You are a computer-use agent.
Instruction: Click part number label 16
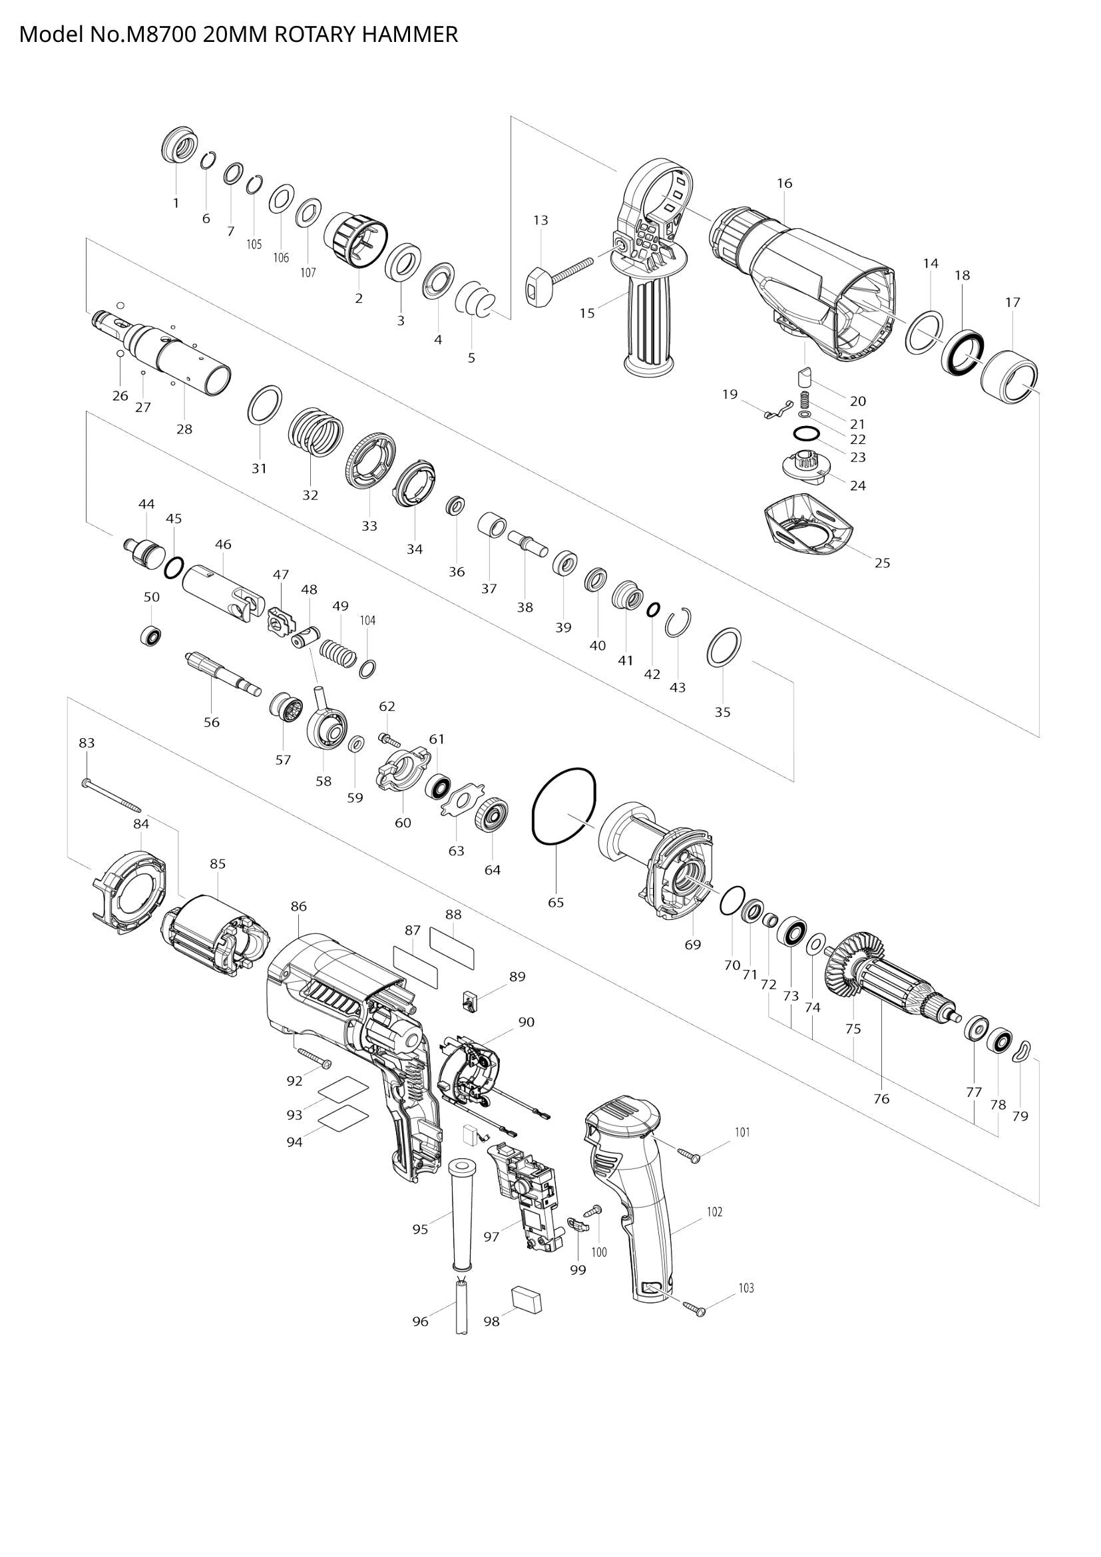click(784, 183)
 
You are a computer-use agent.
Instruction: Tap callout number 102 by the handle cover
click(714, 1212)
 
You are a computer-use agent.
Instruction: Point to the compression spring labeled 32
click(316, 434)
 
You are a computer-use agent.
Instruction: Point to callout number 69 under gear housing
click(692, 945)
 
